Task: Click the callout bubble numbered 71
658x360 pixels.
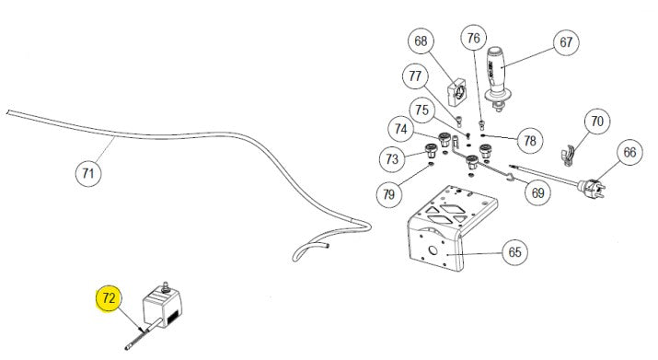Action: click(x=88, y=172)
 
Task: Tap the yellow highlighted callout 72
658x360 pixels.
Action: click(x=109, y=299)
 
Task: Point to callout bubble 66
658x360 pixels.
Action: click(x=629, y=153)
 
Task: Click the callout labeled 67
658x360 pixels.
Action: click(x=564, y=43)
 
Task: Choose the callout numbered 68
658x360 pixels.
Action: click(x=421, y=41)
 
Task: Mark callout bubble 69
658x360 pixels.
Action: click(x=537, y=192)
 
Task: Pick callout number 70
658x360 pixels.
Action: click(x=597, y=121)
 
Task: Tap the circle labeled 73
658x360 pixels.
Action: click(x=392, y=159)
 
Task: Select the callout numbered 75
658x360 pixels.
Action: click(x=422, y=110)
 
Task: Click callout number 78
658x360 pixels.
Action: click(x=528, y=140)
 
